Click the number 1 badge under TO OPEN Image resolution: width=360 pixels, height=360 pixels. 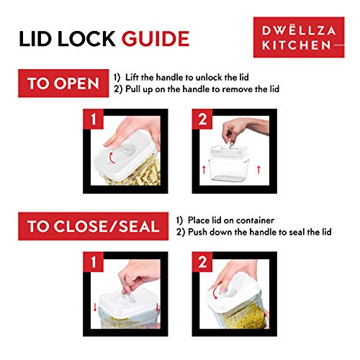92,119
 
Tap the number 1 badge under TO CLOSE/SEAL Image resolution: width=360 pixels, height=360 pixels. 92,261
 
